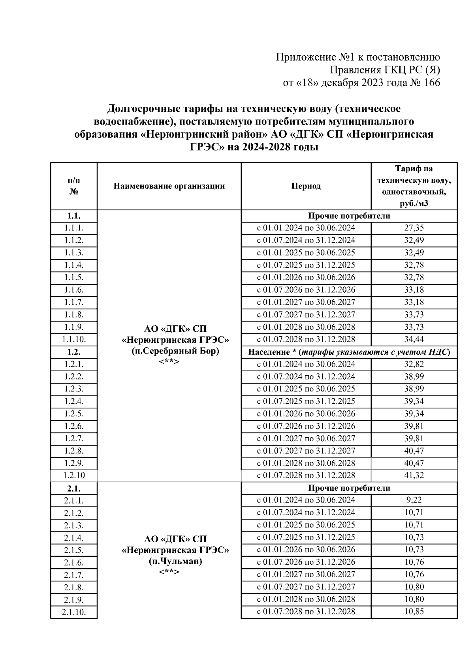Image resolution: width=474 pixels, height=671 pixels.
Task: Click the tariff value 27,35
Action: pos(414,228)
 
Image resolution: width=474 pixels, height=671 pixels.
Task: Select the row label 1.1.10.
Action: pos(74,340)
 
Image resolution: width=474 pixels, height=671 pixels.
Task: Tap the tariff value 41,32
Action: pos(414,476)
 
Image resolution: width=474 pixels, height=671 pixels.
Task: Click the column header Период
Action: pos(306,186)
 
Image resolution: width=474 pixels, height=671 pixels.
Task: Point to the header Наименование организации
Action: pos(169,186)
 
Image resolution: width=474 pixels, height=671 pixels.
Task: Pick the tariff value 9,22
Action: pos(414,500)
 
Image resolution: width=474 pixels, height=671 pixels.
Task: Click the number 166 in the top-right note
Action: pos(431,83)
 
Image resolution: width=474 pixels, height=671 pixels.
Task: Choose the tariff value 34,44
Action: pos(414,340)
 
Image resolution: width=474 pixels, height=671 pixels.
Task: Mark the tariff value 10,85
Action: pos(414,612)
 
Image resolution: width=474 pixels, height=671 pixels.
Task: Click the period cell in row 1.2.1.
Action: pos(306,364)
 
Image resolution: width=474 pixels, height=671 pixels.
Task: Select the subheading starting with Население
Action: pos(349,352)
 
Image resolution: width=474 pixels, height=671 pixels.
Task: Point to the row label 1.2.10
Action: pos(74,476)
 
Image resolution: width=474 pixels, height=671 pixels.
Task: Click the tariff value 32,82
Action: pos(414,364)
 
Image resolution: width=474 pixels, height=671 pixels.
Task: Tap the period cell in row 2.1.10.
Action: pos(306,612)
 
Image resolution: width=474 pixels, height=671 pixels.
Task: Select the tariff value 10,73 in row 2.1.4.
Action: pos(414,537)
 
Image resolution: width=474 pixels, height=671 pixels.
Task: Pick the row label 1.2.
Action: pos(74,352)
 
